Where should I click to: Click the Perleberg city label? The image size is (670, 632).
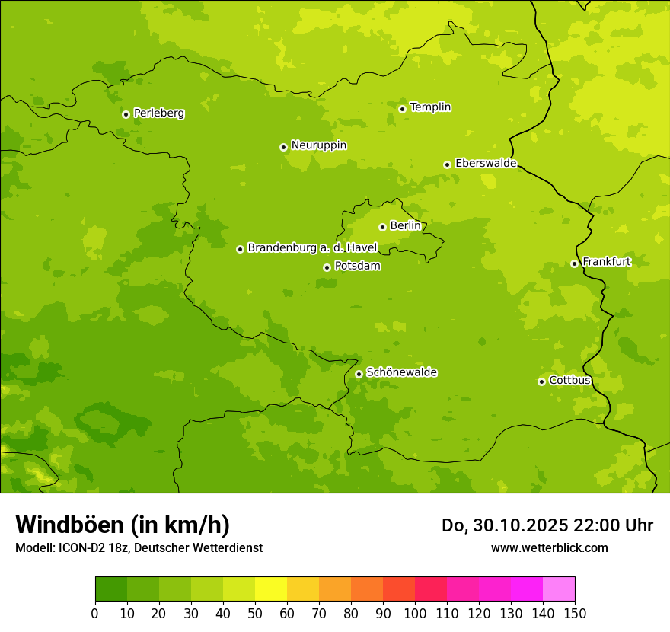(x=159, y=113)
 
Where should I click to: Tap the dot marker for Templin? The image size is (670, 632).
(x=402, y=109)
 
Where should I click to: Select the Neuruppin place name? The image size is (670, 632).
(x=319, y=145)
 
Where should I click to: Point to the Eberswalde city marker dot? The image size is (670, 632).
(x=447, y=164)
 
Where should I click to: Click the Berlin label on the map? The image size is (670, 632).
(x=405, y=226)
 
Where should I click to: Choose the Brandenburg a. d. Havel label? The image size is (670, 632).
(x=312, y=248)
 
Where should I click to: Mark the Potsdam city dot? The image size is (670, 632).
(x=327, y=267)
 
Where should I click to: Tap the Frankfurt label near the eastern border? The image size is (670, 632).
(x=607, y=262)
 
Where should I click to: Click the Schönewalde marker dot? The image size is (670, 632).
(x=359, y=374)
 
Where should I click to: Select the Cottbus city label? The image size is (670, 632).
(x=570, y=381)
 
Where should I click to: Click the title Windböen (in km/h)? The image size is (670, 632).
(x=123, y=525)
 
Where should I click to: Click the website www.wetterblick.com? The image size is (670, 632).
(x=550, y=547)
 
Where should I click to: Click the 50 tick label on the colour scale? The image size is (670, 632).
(x=255, y=613)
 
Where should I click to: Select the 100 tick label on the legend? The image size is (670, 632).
(x=415, y=613)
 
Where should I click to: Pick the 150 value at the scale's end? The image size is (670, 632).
(x=575, y=613)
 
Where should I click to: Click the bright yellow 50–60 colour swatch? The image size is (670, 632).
(x=271, y=589)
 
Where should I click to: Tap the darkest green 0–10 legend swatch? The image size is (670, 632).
(x=111, y=589)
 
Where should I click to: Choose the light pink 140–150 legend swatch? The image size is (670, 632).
(x=559, y=589)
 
